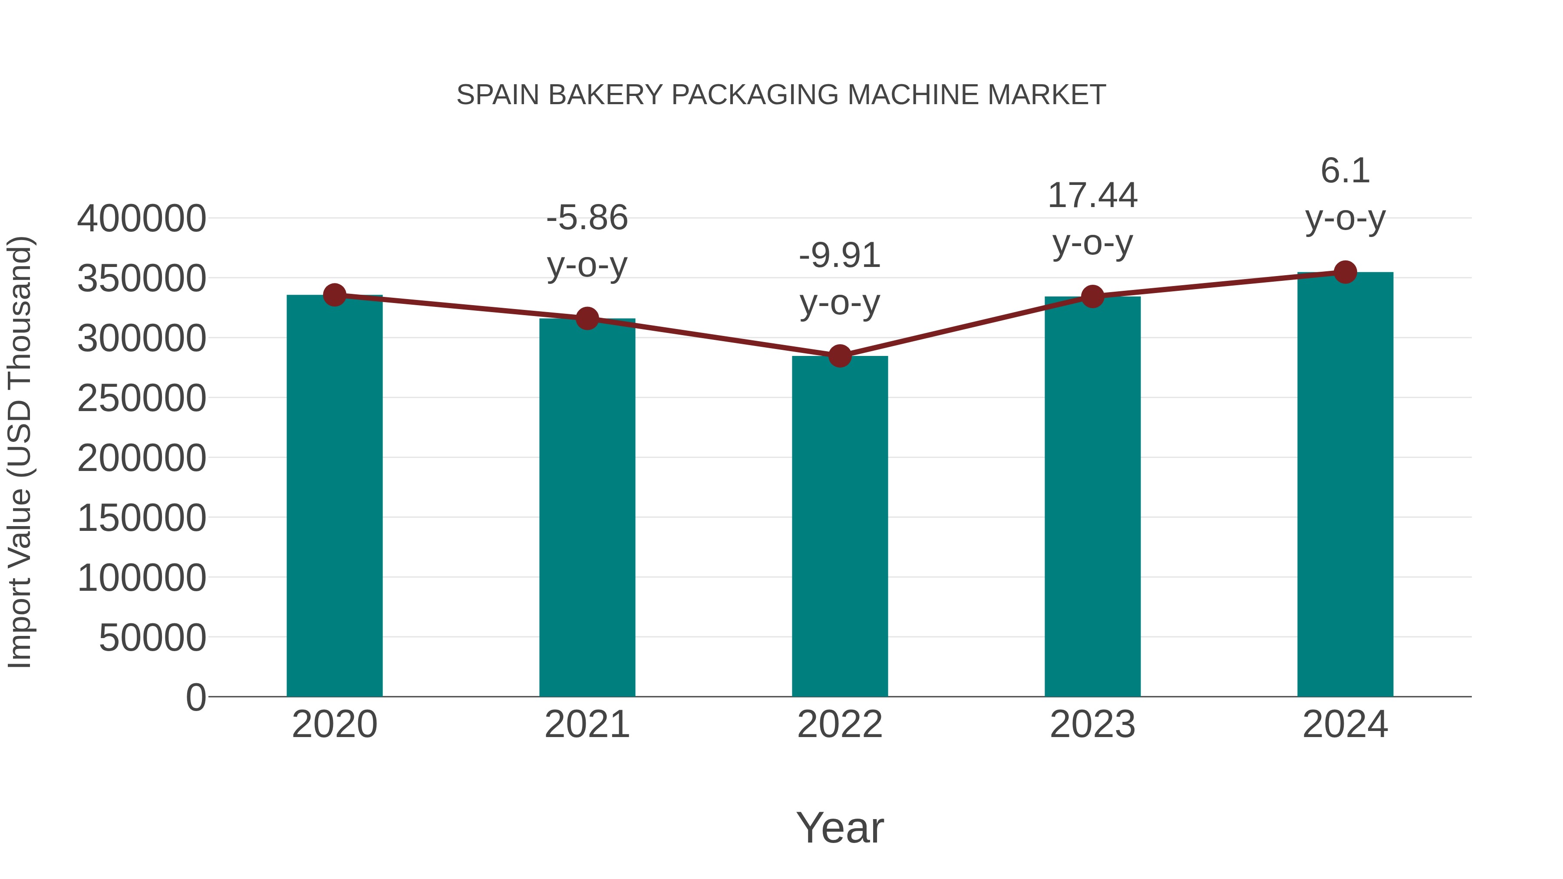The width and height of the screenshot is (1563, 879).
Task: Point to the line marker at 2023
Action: pyautogui.click(x=1092, y=296)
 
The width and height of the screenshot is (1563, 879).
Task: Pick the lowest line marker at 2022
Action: pyautogui.click(x=840, y=356)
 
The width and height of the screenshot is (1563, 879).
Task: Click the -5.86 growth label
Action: pyautogui.click(x=587, y=218)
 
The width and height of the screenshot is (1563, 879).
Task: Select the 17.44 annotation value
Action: pyautogui.click(x=1092, y=196)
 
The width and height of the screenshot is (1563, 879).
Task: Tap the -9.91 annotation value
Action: pyautogui.click(x=840, y=255)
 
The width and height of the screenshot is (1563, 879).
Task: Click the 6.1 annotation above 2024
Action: pyautogui.click(x=1345, y=171)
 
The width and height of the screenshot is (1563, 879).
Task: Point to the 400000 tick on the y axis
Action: pyautogui.click(x=142, y=218)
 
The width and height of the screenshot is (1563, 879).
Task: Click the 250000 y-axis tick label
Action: pyautogui.click(x=142, y=398)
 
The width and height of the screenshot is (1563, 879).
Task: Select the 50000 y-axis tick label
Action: pyautogui.click(x=152, y=638)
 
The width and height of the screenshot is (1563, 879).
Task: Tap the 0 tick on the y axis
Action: pyautogui.click(x=196, y=697)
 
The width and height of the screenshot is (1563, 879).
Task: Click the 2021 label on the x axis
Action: pyautogui.click(x=587, y=724)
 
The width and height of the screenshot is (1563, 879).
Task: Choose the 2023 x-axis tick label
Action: pyautogui.click(x=1092, y=724)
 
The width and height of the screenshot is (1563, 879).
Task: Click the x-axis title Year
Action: pyautogui.click(x=840, y=827)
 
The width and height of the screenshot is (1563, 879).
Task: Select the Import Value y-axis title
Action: pyautogui.click(x=20, y=452)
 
